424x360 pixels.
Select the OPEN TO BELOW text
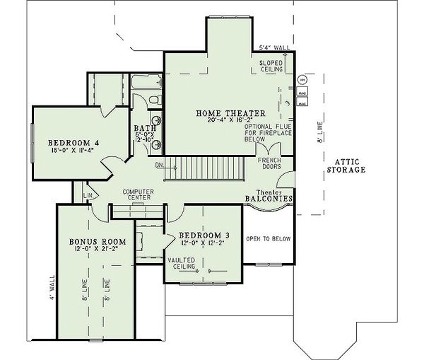269,238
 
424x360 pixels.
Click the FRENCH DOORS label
269,165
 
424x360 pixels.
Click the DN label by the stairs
158,166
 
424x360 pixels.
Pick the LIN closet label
88,194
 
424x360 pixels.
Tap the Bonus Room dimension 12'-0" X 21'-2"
88,250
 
